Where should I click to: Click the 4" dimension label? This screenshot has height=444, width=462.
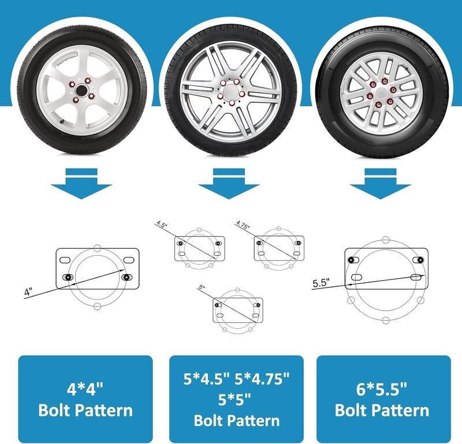click(x=28, y=292)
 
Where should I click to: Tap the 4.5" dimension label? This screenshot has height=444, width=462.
click(x=161, y=223)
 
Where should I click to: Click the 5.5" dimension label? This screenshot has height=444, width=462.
click(x=321, y=283)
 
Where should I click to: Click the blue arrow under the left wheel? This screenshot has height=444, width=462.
click(x=80, y=184)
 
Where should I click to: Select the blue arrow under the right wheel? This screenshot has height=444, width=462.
click(x=380, y=184)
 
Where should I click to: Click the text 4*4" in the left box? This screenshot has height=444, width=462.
click(x=85, y=388)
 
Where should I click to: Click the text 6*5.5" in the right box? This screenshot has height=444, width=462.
click(x=382, y=388)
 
